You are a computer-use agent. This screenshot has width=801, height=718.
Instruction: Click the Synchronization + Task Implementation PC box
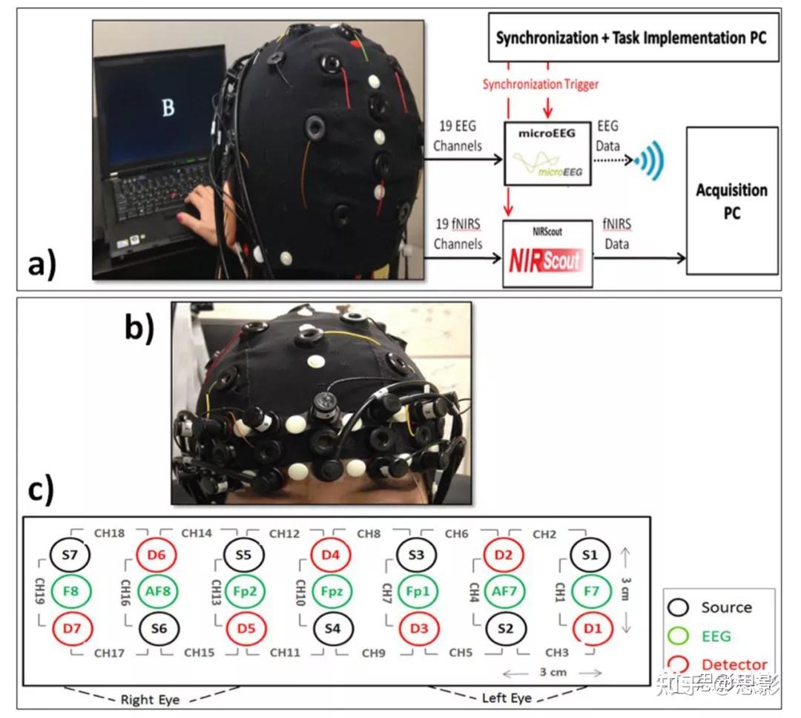click(x=633, y=36)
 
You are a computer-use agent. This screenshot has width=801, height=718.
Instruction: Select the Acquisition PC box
click(x=731, y=200)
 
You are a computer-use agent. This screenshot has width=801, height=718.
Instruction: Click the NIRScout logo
click(x=545, y=260)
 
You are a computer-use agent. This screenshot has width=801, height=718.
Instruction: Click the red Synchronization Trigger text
click(x=540, y=85)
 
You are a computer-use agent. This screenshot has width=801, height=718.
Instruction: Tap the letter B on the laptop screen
click(x=168, y=108)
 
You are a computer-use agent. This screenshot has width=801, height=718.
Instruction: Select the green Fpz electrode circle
click(x=332, y=592)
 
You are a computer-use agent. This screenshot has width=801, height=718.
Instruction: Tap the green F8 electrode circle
click(x=70, y=592)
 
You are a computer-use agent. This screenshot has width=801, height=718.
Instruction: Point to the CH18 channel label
click(x=109, y=533)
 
